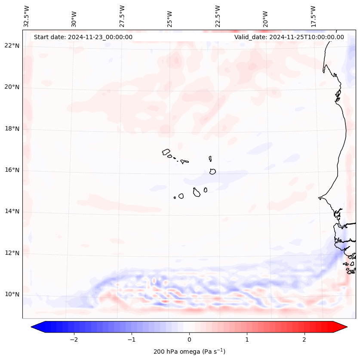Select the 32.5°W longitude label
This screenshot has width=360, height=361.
(27, 16)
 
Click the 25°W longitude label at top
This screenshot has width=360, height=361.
(170, 17)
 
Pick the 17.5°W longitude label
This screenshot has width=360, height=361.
(313, 16)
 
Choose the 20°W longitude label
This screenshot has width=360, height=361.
(265, 17)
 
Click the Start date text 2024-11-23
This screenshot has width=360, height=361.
(83, 37)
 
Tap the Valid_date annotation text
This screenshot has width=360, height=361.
(289, 37)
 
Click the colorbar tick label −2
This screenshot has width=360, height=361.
(74, 339)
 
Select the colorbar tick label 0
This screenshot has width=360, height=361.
(189, 339)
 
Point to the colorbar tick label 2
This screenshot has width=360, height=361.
(305, 339)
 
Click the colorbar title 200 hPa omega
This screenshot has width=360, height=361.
(189, 352)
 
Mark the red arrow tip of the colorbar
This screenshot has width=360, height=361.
(346, 327)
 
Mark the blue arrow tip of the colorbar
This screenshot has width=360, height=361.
(32, 327)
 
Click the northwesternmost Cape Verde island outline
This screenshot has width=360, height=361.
(166, 151)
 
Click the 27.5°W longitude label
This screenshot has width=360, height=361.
(122, 16)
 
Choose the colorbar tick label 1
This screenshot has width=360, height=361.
(247, 339)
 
